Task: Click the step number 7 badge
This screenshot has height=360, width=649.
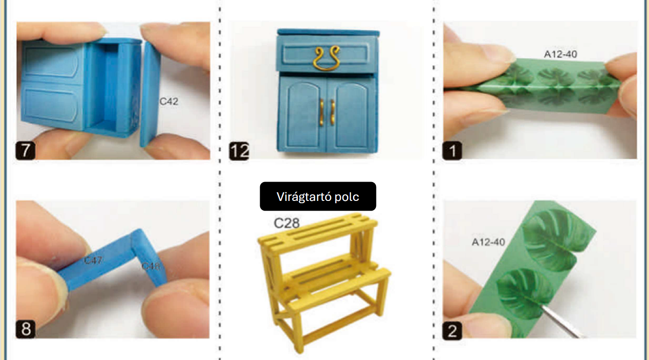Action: click(x=25, y=150)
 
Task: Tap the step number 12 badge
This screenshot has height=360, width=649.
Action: click(x=239, y=151)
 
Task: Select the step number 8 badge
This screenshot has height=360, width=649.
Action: click(x=25, y=329)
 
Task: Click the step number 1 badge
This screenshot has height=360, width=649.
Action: click(x=452, y=150)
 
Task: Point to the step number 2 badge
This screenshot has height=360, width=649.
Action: click(x=452, y=331)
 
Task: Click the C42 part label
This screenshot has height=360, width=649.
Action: click(x=169, y=102)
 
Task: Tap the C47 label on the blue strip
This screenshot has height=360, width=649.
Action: click(x=93, y=260)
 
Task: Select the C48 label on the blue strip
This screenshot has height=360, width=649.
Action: click(x=151, y=266)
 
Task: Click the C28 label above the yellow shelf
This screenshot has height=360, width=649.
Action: click(x=287, y=223)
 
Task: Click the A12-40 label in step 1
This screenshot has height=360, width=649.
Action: click(x=560, y=54)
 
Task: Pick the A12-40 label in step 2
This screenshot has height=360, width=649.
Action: click(x=489, y=242)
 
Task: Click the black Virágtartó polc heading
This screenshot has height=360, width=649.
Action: click(x=318, y=196)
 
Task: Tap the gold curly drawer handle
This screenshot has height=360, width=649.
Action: click(x=326, y=58)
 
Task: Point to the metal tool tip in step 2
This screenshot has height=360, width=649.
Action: click(x=542, y=307)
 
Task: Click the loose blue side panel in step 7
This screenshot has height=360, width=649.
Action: click(x=150, y=94)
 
